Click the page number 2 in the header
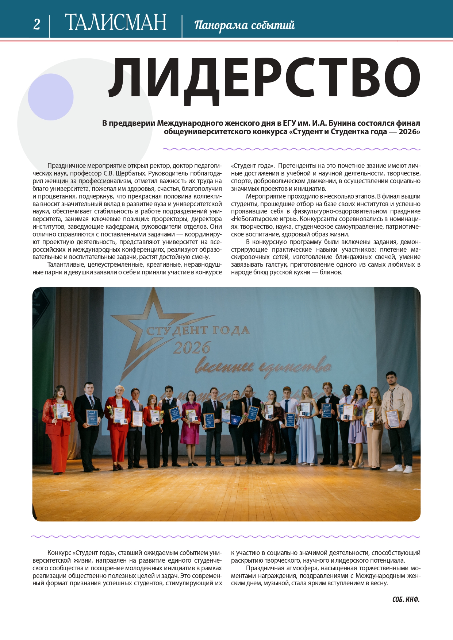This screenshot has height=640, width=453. [x=37, y=24]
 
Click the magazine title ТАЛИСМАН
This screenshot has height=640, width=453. [x=115, y=23]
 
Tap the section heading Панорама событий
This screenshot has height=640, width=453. [x=244, y=25]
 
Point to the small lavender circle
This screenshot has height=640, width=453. [x=51, y=97]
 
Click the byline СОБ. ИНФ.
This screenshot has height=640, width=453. [x=406, y=600]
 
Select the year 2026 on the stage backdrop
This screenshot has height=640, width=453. [x=192, y=348]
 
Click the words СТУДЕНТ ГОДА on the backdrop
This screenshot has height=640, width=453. [x=198, y=331]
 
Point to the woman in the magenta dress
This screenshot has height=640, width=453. [x=191, y=423]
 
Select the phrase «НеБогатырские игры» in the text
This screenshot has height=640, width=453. [x=264, y=219]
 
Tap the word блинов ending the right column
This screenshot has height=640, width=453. [x=331, y=272]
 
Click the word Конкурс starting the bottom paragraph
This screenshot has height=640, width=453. [x=59, y=553]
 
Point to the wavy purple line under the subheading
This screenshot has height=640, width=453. [x=291, y=149]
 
